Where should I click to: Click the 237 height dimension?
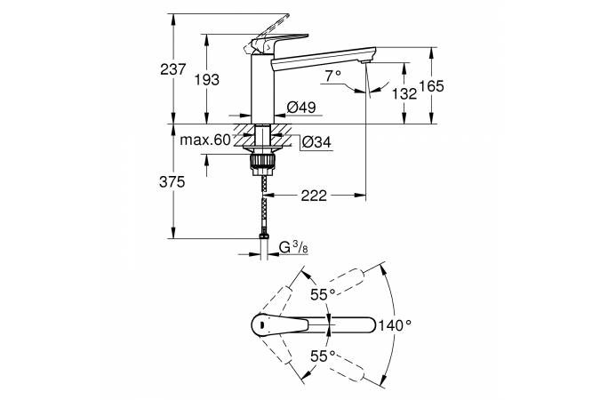tap(173, 69)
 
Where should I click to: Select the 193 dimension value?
tap(207, 80)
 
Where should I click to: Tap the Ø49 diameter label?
tap(301, 108)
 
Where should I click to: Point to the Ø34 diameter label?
tap(316, 142)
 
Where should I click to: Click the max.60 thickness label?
tap(205, 140)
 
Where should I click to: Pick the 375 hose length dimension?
tap(172, 182)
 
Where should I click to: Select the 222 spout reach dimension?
tap(314, 196)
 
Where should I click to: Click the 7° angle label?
tap(333, 76)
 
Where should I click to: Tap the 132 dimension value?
tap(404, 93)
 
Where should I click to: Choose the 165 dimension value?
tap(432, 86)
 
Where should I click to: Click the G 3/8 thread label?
tap(293, 248)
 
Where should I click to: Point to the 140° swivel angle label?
tap(396, 325)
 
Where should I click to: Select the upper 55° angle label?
tap(323, 295)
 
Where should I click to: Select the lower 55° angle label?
tap(323, 356)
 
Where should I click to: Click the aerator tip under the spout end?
tap(365, 61)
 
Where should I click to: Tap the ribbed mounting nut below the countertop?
tap(262, 161)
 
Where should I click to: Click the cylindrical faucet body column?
tap(262, 89)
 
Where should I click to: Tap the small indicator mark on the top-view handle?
tap(262, 325)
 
